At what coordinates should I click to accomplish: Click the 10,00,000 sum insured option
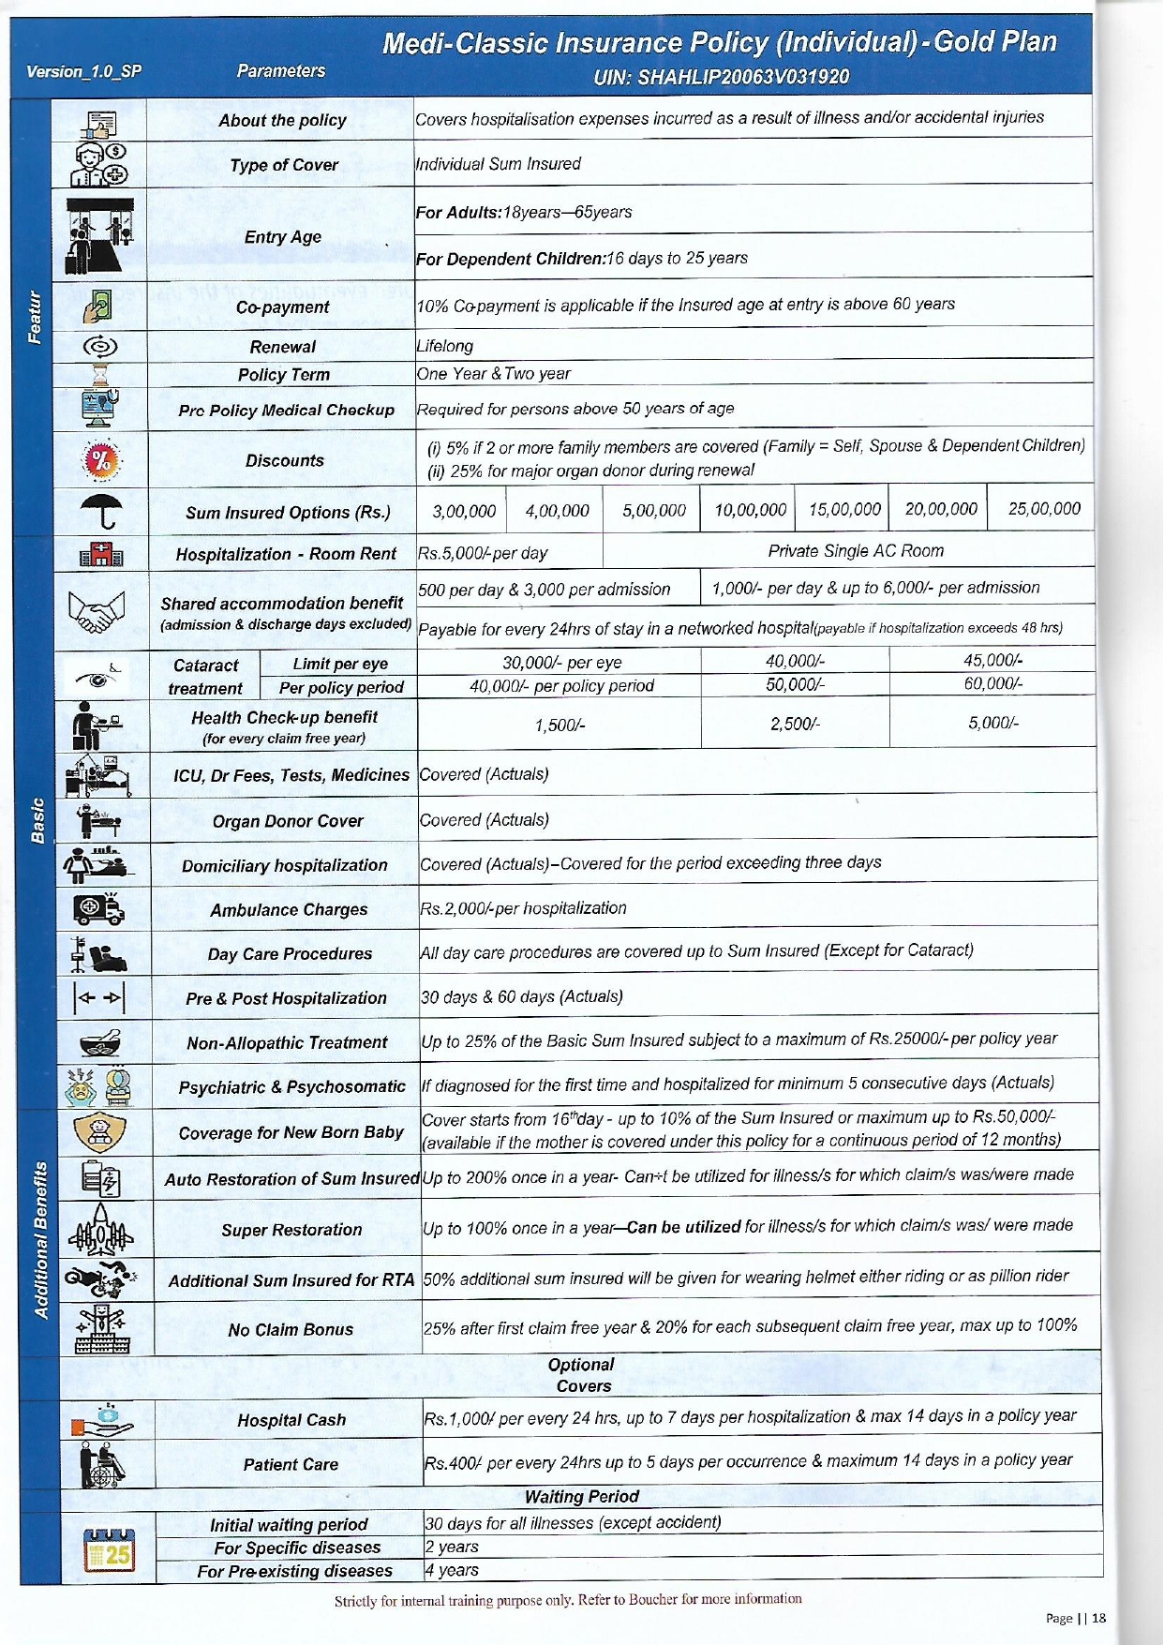[x=750, y=510]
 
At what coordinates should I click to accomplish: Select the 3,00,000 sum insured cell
[x=464, y=511]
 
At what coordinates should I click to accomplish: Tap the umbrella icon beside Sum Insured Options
[x=101, y=512]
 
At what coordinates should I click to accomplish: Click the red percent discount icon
[x=101, y=460]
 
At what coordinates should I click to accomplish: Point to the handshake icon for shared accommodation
[x=97, y=611]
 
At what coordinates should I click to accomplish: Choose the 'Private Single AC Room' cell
[x=855, y=551]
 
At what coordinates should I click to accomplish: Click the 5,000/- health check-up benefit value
[x=993, y=723]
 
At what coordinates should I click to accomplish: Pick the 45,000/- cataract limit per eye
[x=992, y=661]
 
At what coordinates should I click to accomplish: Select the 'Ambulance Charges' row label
[x=289, y=910]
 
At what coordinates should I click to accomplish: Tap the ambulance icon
[x=97, y=907]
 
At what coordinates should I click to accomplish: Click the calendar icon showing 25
[x=109, y=1550]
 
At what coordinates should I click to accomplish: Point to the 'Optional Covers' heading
[x=582, y=1375]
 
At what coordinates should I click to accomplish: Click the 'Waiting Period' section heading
[x=581, y=1497]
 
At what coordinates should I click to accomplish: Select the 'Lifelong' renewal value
[x=445, y=346]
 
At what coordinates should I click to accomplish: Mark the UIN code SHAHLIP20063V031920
[x=721, y=77]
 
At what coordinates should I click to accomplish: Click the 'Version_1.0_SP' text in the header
[x=83, y=71]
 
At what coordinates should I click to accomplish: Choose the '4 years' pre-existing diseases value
[x=451, y=1570]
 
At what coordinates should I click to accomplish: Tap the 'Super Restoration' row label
[x=291, y=1230]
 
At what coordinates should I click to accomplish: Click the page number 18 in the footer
[x=1098, y=1618]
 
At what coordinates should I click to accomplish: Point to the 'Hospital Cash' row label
[x=291, y=1420]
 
